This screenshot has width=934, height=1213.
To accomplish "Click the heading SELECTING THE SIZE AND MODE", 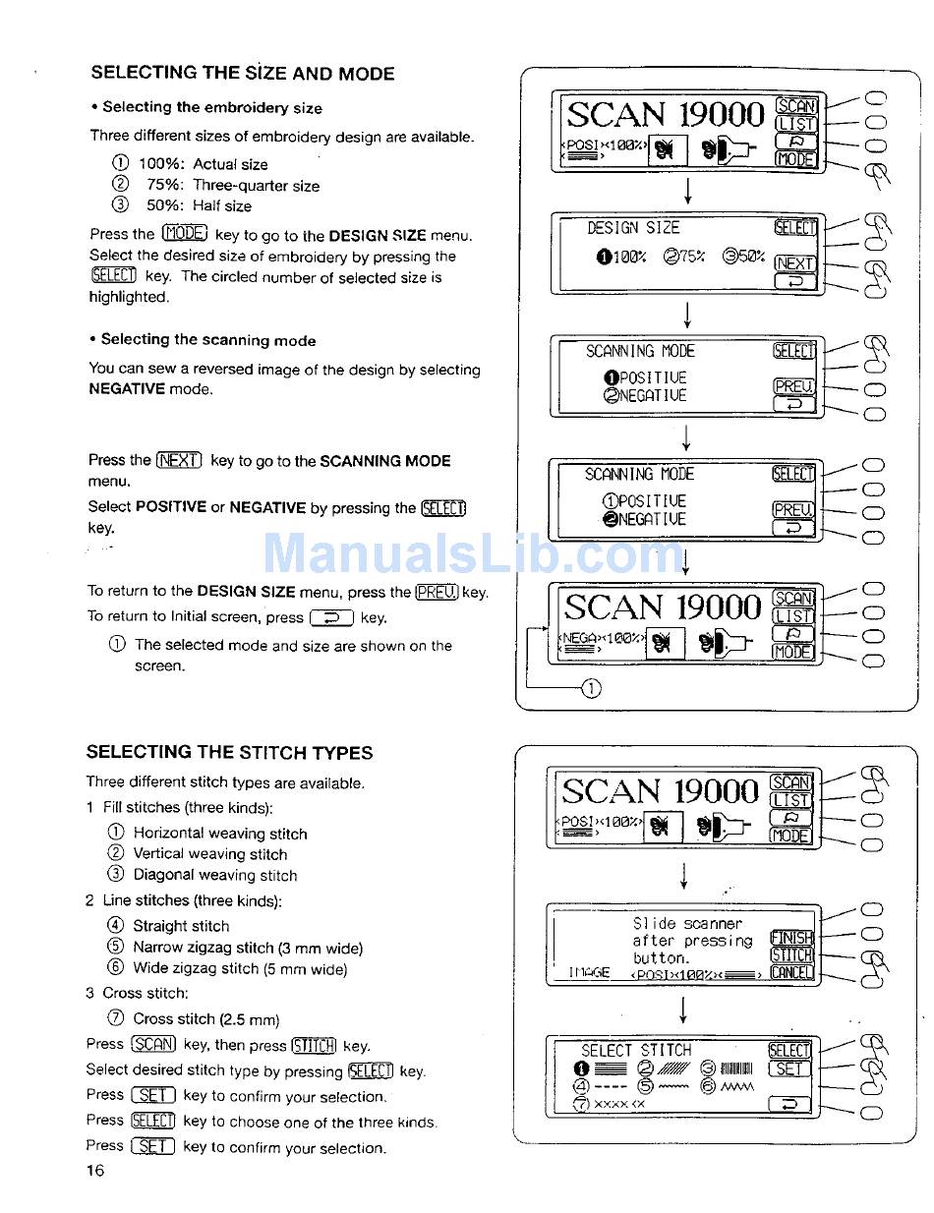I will click(243, 74).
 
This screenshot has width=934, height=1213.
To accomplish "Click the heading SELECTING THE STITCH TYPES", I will click(229, 753).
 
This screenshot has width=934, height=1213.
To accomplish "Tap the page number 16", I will click(94, 1170).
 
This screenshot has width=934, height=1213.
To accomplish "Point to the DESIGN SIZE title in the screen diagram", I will click(633, 228).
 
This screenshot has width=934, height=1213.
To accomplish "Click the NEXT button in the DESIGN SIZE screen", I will click(794, 263).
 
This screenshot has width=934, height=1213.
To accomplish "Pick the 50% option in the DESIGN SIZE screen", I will click(743, 258).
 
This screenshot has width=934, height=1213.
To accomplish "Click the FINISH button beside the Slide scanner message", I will click(791, 938).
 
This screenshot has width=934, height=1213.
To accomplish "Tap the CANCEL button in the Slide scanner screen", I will click(791, 973).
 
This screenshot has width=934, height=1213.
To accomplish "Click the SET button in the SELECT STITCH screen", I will click(790, 1069).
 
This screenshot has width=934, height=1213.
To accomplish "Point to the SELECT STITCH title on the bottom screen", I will click(636, 1050).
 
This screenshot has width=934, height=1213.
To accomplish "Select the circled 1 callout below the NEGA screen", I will click(591, 688).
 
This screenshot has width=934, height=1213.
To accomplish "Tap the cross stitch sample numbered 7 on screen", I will click(612, 1105).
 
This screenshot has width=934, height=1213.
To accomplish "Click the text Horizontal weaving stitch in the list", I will click(220, 834).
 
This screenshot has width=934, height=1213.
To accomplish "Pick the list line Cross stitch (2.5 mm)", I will click(206, 1019).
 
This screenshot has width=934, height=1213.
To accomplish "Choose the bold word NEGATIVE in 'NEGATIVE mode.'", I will click(127, 389).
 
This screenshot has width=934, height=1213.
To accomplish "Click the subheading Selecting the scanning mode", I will click(208, 340).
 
